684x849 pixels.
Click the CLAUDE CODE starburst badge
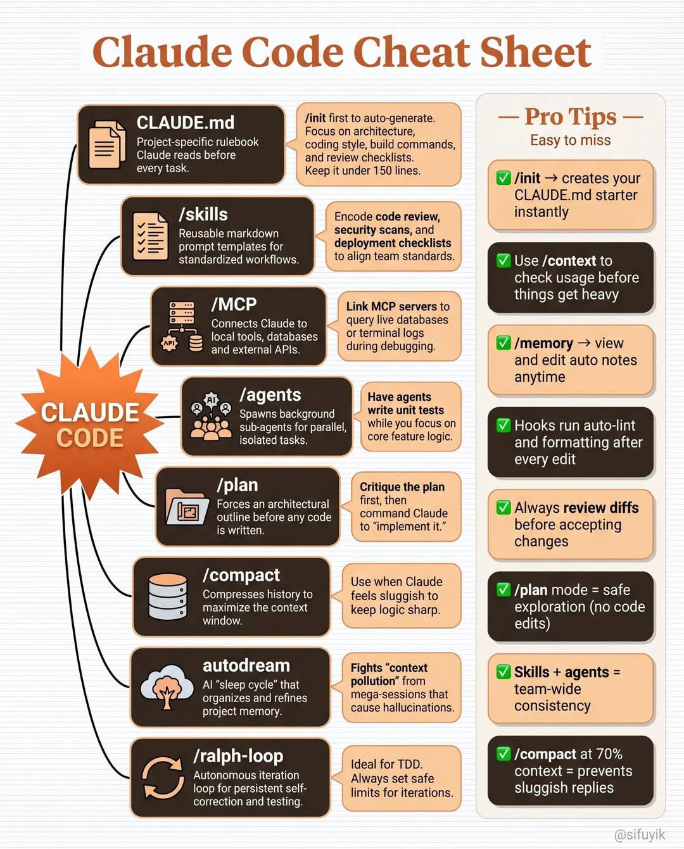pos(90,424)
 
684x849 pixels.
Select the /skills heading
pos(203,215)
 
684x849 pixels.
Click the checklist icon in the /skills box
pos(150,236)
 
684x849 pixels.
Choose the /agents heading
pos(270,395)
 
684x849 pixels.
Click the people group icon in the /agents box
pos(211,416)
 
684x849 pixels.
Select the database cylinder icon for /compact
pos(168,596)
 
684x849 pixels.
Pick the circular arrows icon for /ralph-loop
pos(163,777)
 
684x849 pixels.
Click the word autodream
pos(246,665)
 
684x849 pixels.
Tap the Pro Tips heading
pos(571,116)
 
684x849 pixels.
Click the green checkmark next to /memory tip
pos(503,343)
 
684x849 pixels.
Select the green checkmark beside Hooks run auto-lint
pos(503,425)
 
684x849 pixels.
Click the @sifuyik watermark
pos(640,835)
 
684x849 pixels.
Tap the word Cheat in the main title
pos(411,52)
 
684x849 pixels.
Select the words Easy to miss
pos(571,141)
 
